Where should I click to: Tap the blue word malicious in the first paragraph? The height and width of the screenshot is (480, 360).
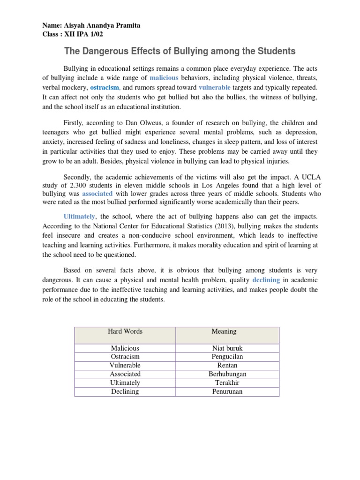tap(164, 78)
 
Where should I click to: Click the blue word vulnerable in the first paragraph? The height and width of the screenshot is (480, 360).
tap(214, 88)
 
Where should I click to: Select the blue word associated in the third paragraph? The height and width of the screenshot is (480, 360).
tap(97, 193)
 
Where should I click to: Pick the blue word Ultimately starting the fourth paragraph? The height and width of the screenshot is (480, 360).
tap(79, 216)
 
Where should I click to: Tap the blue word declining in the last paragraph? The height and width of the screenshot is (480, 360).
tap(266, 280)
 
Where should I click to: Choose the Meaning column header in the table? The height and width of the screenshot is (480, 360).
tap(224, 331)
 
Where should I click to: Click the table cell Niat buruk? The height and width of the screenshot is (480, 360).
tap(227, 348)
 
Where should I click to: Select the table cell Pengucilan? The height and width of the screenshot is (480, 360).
tap(227, 357)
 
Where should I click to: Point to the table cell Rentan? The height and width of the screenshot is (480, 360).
tap(227, 365)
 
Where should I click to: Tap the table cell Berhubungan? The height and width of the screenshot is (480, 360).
tap(227, 374)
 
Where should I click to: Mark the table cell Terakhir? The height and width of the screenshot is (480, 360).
tap(227, 382)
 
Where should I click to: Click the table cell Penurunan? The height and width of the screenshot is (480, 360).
tap(227, 391)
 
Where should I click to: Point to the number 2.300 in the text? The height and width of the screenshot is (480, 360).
tap(72, 185)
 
